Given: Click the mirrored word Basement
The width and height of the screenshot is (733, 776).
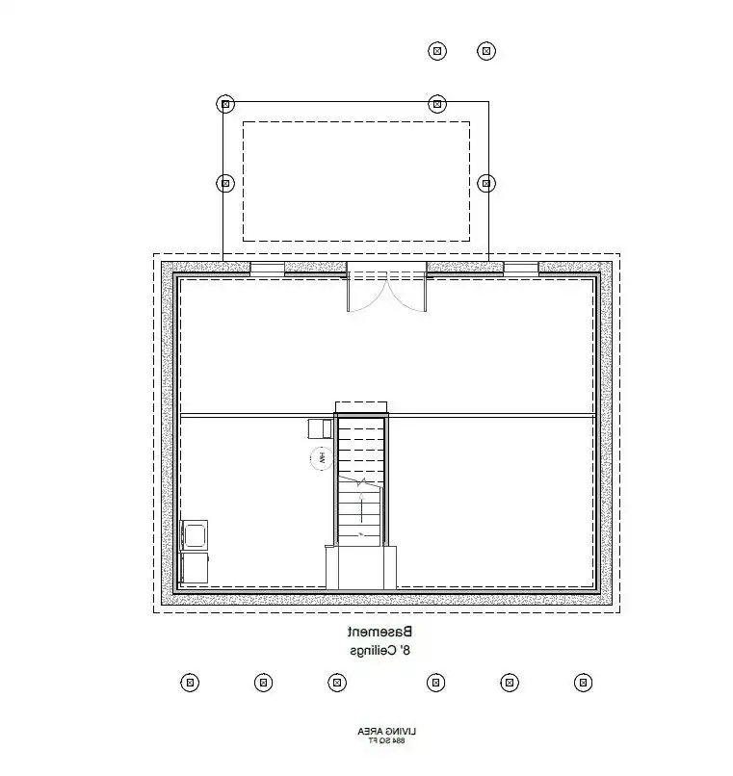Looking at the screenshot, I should [x=380, y=633].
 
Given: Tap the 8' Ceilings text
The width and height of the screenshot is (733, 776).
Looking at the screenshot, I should [x=380, y=652].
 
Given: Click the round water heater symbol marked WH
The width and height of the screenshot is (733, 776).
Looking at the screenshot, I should [x=316, y=458].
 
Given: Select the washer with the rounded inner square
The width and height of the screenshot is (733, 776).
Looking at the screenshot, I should [x=196, y=534].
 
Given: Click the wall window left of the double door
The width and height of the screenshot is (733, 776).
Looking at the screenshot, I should [x=268, y=268].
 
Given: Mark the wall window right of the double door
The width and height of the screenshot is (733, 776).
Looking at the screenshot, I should [x=521, y=268].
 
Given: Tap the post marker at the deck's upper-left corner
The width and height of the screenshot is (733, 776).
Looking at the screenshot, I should [x=224, y=103].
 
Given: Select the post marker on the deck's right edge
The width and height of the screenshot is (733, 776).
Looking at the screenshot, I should [x=486, y=182].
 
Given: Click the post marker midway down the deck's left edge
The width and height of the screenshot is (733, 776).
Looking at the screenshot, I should [x=224, y=182].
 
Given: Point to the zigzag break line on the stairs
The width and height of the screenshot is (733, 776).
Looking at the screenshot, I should [x=360, y=480].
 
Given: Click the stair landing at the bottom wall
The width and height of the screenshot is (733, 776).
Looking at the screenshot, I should [x=361, y=567].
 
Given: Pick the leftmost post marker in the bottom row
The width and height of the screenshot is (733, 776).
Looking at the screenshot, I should [x=190, y=683].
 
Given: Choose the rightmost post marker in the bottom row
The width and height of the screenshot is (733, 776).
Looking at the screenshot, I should [x=583, y=683].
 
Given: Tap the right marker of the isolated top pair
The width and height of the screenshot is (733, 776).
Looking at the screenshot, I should [x=486, y=50].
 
